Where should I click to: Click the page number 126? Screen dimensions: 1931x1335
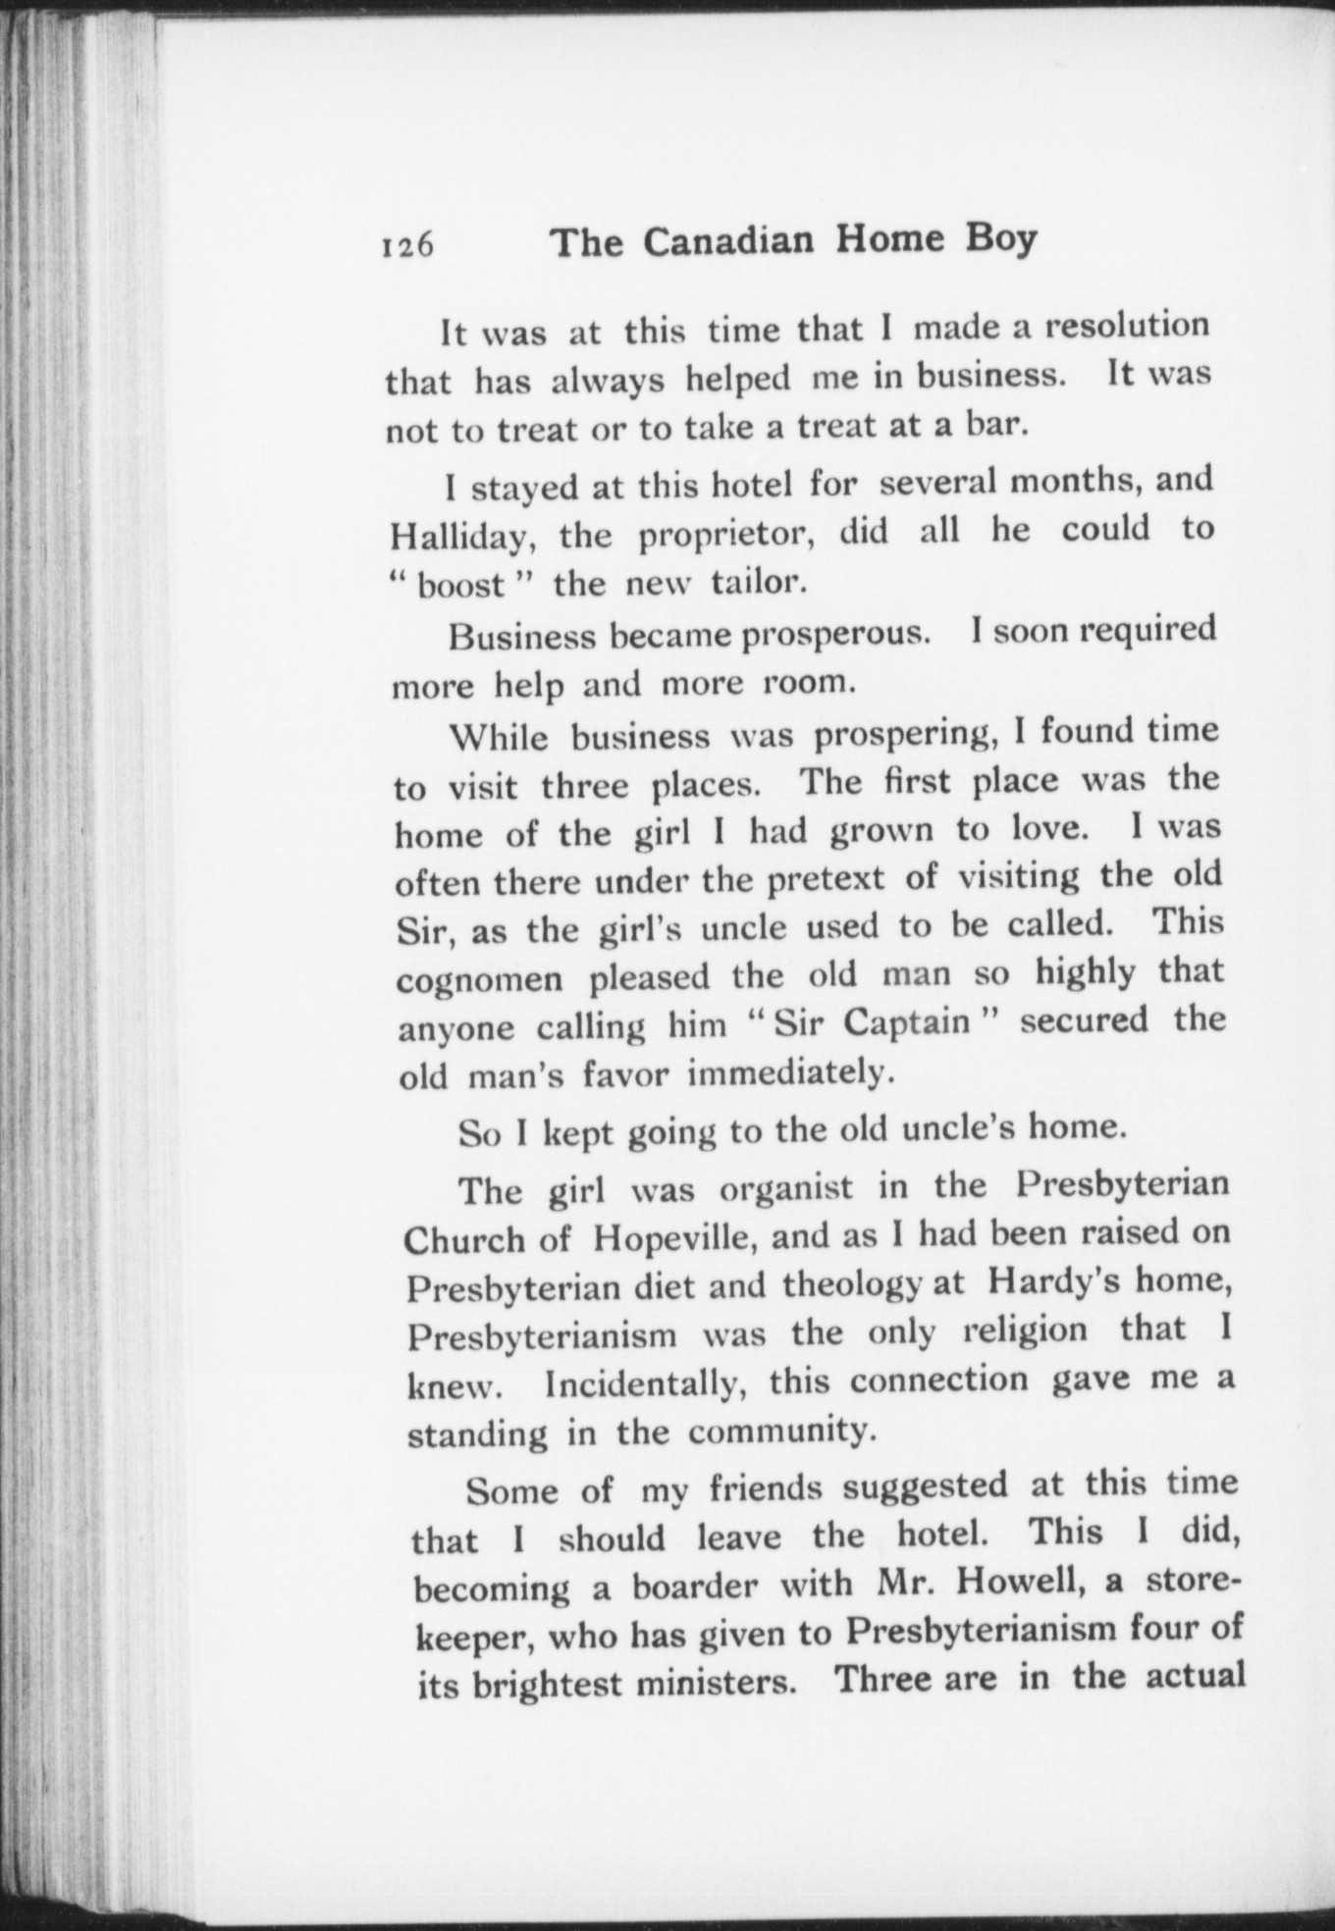408,245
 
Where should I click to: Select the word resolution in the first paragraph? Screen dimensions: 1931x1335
1126,326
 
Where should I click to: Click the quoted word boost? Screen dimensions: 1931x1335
461,586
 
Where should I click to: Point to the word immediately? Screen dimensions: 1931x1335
790,1072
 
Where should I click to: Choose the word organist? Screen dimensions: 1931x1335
786,1188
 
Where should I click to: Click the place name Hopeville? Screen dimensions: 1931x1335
672,1238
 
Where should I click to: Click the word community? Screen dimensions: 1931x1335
778,1432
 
